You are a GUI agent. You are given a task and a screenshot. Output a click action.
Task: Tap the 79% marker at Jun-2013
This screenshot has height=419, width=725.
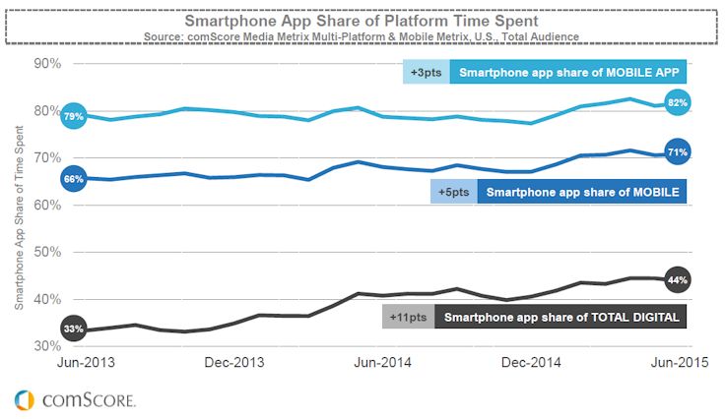[x=74, y=117]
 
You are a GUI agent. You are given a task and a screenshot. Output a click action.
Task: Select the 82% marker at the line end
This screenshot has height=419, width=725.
[x=677, y=102]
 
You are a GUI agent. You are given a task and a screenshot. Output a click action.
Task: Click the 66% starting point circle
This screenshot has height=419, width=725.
[x=74, y=179]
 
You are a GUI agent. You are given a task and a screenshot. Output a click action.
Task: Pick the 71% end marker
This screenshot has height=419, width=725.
[x=677, y=152]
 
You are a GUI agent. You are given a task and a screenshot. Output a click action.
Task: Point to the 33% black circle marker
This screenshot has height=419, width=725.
[x=74, y=329]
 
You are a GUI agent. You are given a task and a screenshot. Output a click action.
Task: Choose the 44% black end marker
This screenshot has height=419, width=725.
[x=677, y=279]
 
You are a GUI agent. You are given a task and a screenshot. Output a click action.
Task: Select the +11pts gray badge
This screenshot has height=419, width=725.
[x=407, y=318]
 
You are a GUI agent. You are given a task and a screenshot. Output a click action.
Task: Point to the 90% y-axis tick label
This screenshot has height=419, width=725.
[x=47, y=63]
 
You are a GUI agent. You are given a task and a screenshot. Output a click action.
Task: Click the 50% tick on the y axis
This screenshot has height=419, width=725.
[x=47, y=252]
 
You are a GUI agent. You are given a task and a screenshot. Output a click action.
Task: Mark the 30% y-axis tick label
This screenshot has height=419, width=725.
[x=47, y=346]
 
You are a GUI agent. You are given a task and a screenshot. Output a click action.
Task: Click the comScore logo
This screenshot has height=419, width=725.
[x=75, y=399]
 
